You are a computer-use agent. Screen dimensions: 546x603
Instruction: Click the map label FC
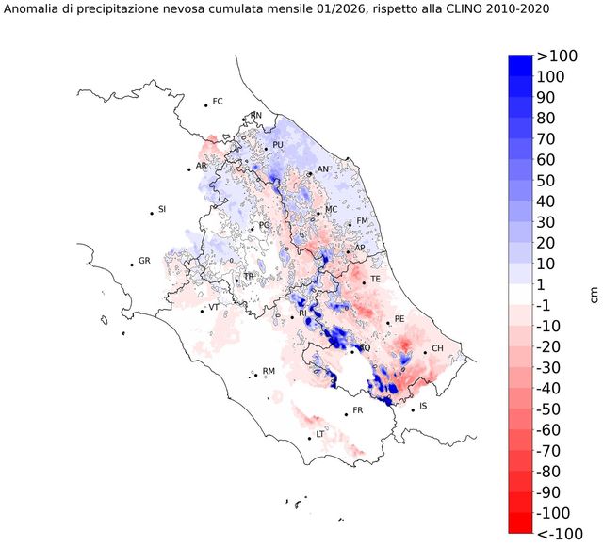(x=218, y=101)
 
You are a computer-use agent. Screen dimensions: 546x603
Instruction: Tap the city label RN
(x=255, y=116)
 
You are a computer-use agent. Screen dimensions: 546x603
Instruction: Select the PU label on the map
(x=278, y=145)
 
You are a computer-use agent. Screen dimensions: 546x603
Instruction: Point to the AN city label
(x=323, y=169)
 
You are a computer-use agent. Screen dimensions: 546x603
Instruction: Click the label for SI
(x=162, y=209)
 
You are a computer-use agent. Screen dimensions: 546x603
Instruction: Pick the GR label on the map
(x=144, y=261)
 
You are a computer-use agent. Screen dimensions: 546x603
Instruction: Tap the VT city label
(x=214, y=307)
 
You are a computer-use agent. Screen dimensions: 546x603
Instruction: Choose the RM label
(x=269, y=372)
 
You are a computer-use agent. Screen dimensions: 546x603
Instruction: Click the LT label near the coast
(x=320, y=434)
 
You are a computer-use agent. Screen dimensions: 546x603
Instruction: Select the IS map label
(x=424, y=406)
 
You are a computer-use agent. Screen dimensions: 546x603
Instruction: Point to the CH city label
(x=437, y=349)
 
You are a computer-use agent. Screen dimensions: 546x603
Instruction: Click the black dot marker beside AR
(x=189, y=169)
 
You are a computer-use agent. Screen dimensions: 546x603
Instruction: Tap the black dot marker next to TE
(x=364, y=282)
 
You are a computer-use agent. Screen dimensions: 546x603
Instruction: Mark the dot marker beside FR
(x=346, y=414)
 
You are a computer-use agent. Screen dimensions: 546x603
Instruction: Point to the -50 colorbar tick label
(x=549, y=409)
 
